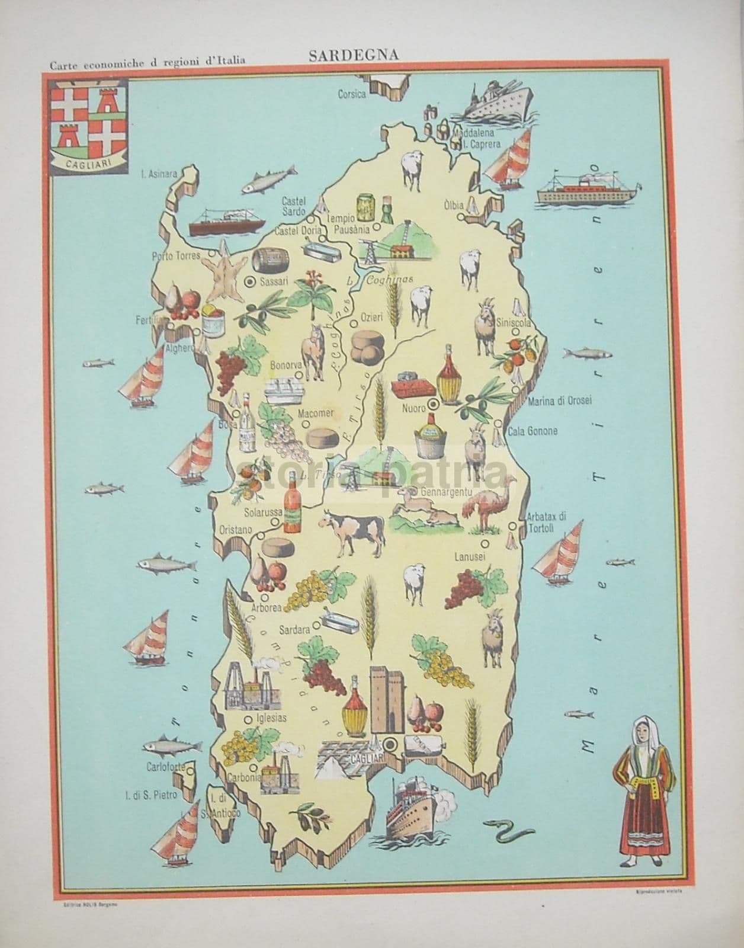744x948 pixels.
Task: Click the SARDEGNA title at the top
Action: point(353,55)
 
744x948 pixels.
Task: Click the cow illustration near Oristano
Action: point(352,531)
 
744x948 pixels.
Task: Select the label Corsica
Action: point(352,94)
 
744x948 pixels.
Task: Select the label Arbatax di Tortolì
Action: point(546,522)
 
